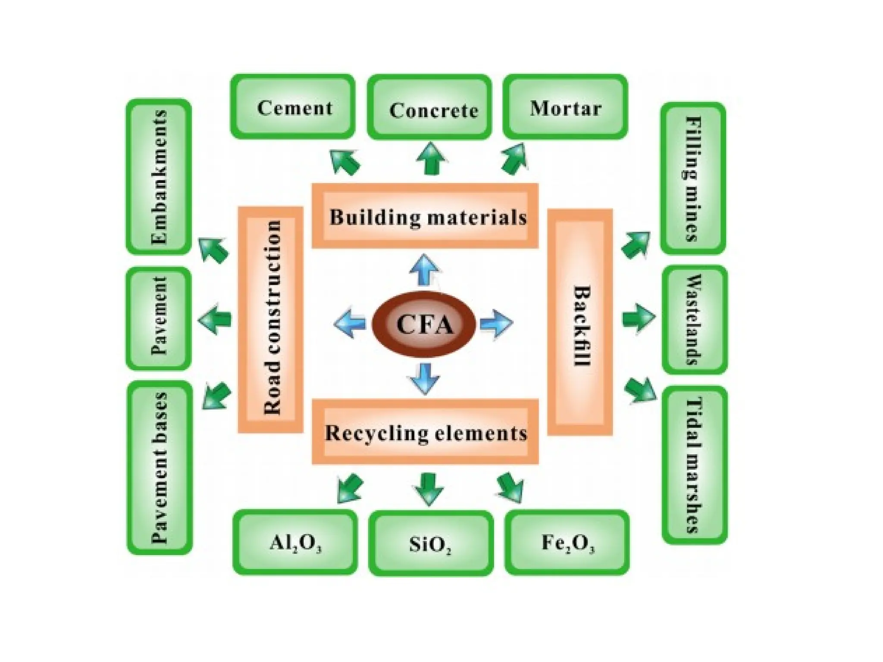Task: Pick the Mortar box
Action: click(x=565, y=107)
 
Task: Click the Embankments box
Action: click(x=159, y=177)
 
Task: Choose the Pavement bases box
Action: click(x=160, y=468)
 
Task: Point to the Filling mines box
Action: click(x=693, y=178)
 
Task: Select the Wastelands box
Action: click(x=694, y=319)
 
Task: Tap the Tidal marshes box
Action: click(x=694, y=465)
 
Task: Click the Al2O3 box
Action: click(x=295, y=543)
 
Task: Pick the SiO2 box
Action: click(x=431, y=543)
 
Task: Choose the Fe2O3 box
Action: click(x=567, y=543)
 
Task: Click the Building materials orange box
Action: click(x=425, y=216)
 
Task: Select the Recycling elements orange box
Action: click(x=425, y=432)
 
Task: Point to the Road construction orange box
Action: click(x=271, y=319)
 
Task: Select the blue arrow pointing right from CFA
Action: click(x=496, y=323)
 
